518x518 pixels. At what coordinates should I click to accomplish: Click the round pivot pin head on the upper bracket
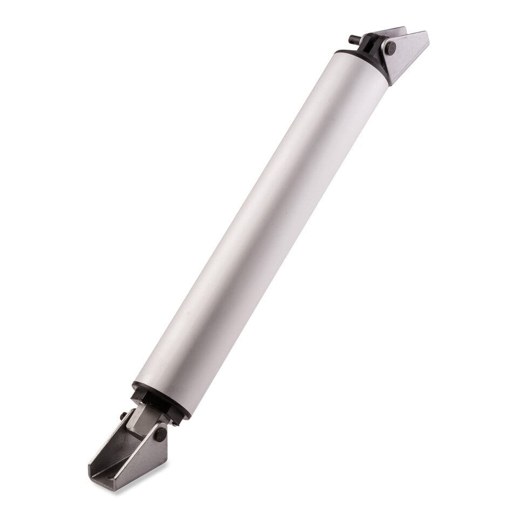[x=390, y=48]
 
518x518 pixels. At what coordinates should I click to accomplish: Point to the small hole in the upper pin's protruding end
[x=351, y=38]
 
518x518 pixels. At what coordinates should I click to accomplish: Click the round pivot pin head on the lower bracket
[x=160, y=434]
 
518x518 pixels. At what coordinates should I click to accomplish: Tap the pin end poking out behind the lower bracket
[x=124, y=415]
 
